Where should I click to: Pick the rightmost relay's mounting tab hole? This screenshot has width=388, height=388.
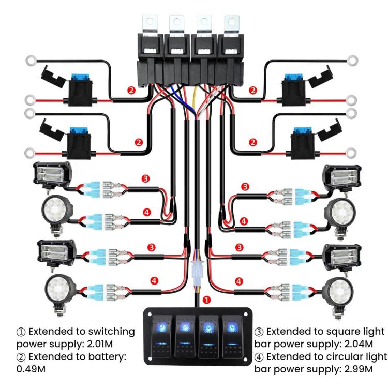[x=228, y=22]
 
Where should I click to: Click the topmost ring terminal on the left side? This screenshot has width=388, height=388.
[x=29, y=61]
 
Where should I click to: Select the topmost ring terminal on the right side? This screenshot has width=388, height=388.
[x=354, y=60]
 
